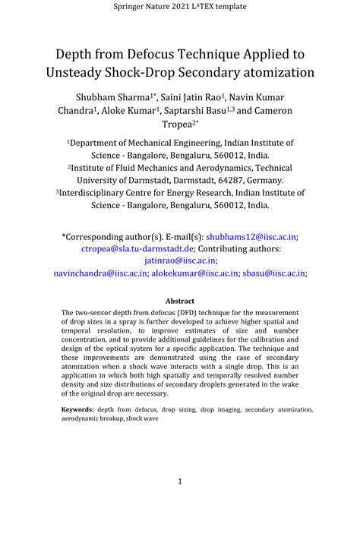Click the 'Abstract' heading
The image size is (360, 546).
coord(180,301)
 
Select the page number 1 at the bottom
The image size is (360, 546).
coord(180,481)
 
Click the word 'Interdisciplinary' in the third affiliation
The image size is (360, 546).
coord(96,193)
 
